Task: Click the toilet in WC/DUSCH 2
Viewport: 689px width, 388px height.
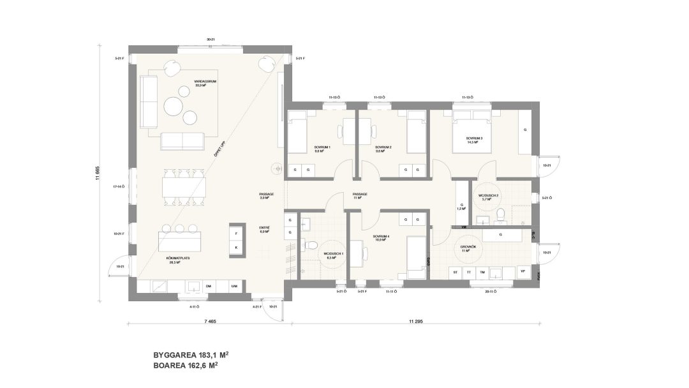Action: [x=501, y=213]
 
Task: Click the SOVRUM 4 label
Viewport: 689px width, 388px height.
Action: [x=381, y=239]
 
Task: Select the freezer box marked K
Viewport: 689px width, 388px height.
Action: [x=236, y=248]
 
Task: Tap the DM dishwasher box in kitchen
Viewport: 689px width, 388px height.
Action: [x=208, y=287]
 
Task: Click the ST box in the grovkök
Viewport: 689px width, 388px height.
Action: [x=456, y=272]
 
